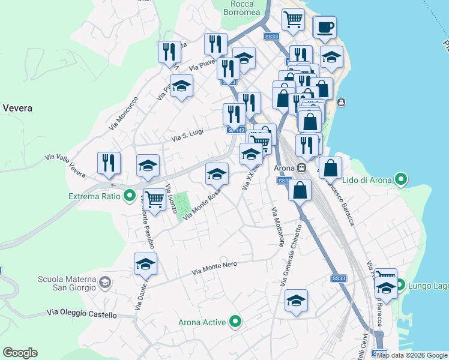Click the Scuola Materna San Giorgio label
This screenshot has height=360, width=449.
point(67,283)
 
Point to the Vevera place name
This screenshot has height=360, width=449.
point(17,109)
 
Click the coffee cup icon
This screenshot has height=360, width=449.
point(325,28)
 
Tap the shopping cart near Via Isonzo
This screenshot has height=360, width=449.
point(155,200)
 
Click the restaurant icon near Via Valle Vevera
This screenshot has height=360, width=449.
point(109,163)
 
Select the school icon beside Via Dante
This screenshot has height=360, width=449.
point(145,264)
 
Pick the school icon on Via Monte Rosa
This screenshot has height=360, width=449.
point(217,174)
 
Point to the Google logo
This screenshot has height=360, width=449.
point(20,352)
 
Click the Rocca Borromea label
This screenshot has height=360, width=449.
point(242,7)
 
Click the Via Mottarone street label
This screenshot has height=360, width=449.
point(277,227)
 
